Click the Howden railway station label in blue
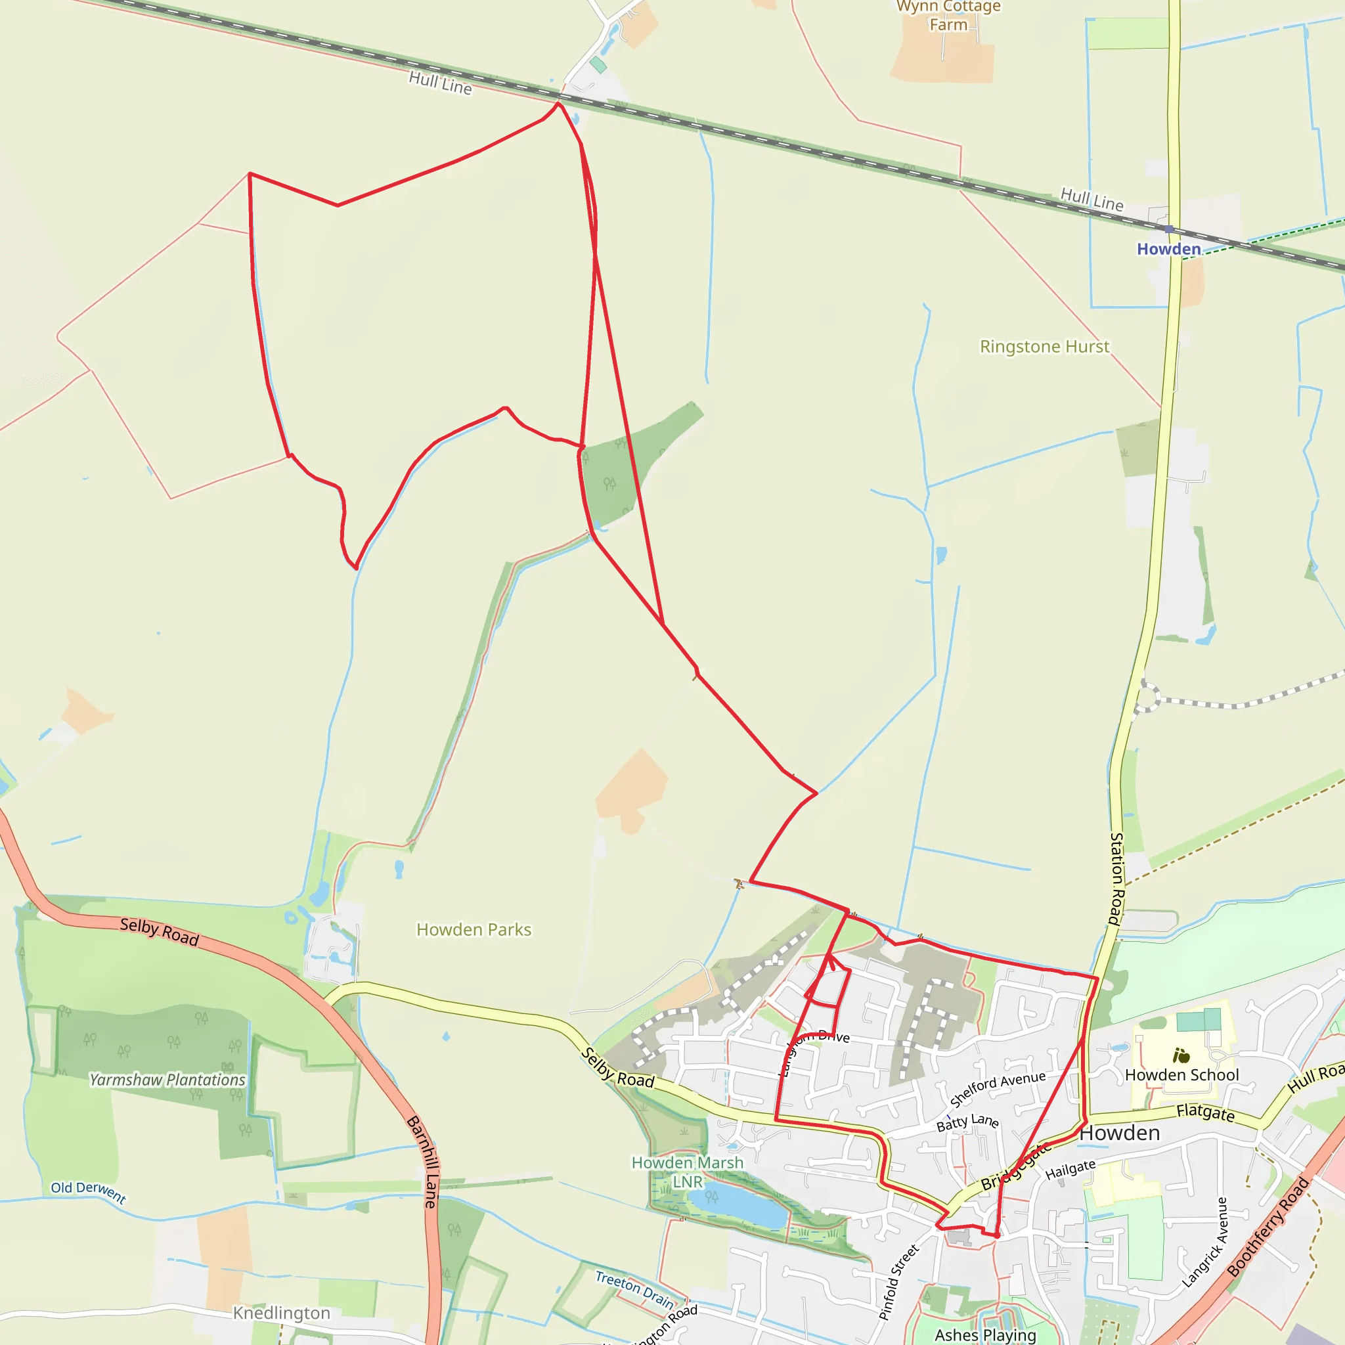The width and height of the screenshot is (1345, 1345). click(x=1169, y=249)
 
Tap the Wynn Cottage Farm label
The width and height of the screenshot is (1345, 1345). click(x=948, y=15)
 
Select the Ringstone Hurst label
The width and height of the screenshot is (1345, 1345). click(x=1044, y=347)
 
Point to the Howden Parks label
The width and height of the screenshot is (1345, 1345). click(x=474, y=930)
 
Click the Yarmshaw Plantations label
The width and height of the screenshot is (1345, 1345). click(x=167, y=1080)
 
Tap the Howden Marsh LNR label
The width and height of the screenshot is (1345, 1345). click(x=687, y=1172)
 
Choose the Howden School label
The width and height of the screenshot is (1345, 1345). click(x=1182, y=1076)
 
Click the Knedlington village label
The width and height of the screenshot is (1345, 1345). click(x=281, y=1313)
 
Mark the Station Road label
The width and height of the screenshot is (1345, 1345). click(x=1116, y=879)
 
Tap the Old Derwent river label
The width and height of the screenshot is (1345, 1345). click(x=89, y=1192)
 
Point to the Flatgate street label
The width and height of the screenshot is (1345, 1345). click(x=1206, y=1113)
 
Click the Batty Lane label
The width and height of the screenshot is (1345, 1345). click(x=967, y=1123)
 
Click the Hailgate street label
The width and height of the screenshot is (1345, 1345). click(x=1070, y=1170)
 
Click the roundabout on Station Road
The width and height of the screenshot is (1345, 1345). click(x=1147, y=697)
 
